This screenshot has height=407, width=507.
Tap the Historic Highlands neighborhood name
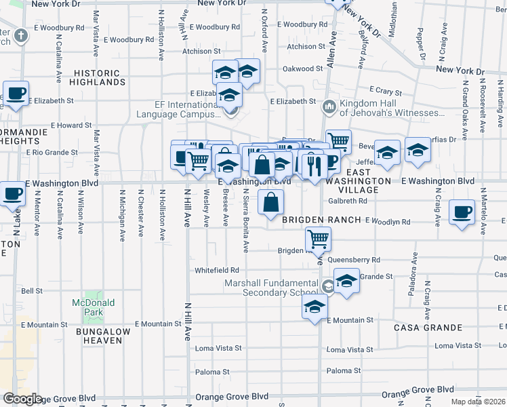coord(100,77)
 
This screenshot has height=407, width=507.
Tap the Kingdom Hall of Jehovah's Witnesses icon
coord(329,106)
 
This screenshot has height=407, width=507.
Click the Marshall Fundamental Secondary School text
coord(272,288)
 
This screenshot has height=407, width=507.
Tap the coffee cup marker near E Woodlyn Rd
coord(462,211)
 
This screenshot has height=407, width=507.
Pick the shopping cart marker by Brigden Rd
coord(318,238)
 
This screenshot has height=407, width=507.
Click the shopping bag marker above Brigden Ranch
coord(270,201)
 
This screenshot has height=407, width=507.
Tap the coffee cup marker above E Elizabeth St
coord(15,92)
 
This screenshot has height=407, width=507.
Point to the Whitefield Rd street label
coord(217,270)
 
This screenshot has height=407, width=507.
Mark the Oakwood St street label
coord(302,69)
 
